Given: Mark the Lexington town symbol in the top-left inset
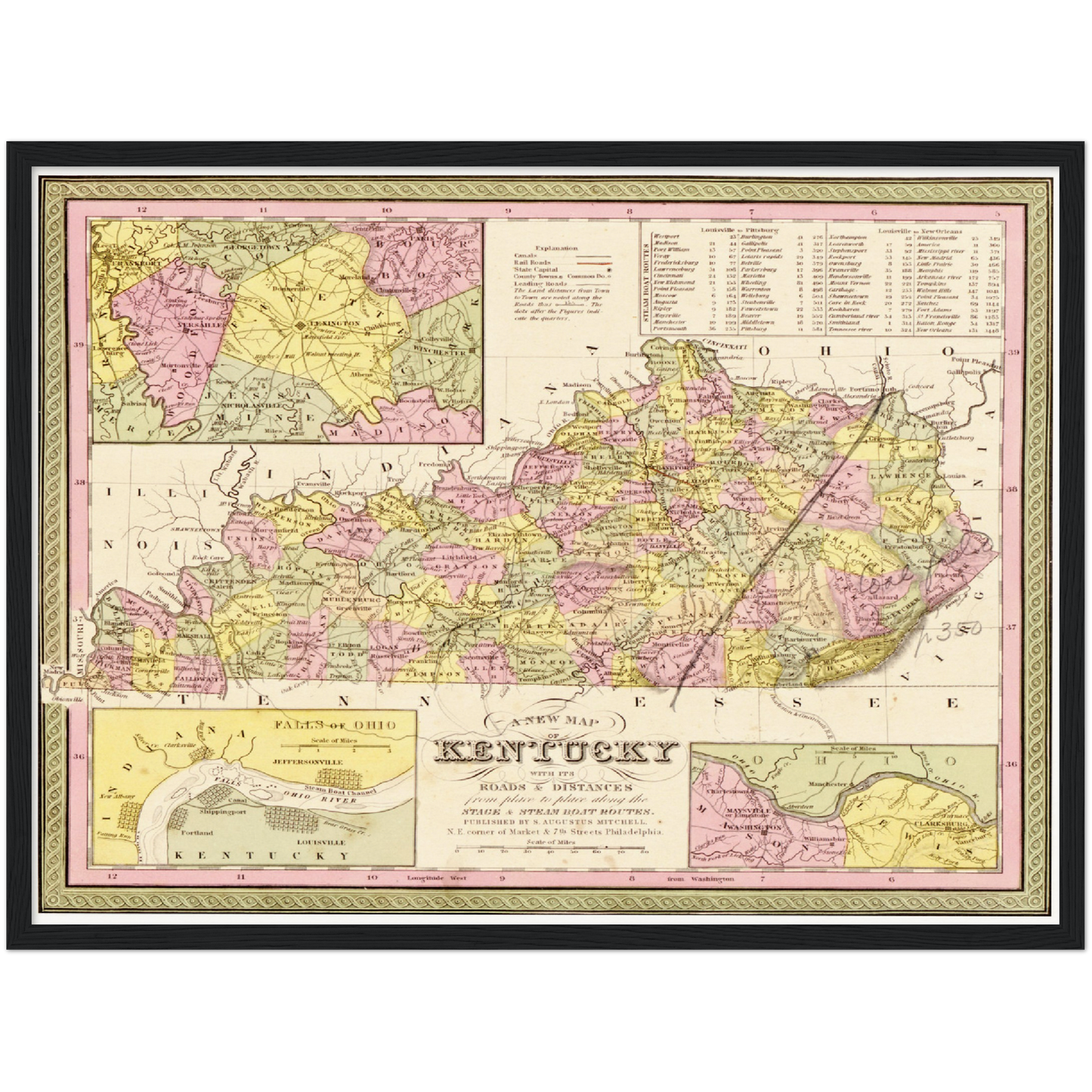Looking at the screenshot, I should click(x=300, y=323).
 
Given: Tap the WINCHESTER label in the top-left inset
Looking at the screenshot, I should click(x=444, y=352).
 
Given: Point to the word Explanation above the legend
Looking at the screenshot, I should click(x=555, y=248).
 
